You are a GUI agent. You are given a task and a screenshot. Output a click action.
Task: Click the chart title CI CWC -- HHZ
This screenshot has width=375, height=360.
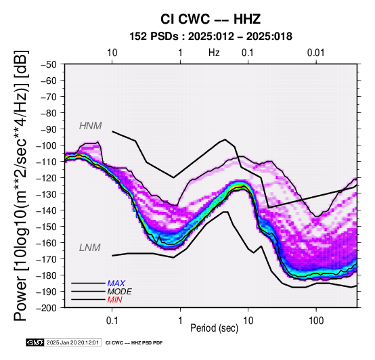pos(211,19)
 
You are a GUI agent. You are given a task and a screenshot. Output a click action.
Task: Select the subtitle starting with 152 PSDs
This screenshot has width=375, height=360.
pos(211,37)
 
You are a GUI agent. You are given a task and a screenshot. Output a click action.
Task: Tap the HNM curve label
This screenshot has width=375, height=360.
pos(91,126)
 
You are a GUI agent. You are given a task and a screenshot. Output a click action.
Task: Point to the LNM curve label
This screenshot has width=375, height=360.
pos(89,248)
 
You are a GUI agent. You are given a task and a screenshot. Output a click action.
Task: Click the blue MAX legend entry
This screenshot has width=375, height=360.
pos(116,284)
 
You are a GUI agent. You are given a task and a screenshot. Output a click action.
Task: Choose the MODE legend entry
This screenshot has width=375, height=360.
pos(119,292)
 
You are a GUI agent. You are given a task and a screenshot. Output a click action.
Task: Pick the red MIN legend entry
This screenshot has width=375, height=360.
pos(115,300)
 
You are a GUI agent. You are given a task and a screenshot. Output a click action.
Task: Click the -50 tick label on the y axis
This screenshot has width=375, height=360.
pos(49,64)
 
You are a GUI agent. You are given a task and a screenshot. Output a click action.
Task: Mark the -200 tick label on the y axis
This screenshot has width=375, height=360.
pos(47,308)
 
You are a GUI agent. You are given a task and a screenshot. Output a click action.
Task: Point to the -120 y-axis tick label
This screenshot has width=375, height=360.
pos(47,178)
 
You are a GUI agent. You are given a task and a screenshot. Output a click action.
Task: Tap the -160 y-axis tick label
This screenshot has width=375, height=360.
pos(47,243)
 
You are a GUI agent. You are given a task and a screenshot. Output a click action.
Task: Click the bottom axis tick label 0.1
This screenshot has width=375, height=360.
pos(112,321)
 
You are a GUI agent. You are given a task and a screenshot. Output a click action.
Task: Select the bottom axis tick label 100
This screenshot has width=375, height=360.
pos(316,321)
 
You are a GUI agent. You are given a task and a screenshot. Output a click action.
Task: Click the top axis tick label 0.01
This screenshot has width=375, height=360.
pos(316,53)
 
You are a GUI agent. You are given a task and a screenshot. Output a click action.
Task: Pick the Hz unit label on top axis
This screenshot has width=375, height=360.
pos(214,53)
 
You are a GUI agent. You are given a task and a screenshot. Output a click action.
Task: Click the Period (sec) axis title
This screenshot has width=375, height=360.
pos(215,328)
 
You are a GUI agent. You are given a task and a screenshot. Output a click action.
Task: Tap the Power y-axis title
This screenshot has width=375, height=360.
pos(21,185)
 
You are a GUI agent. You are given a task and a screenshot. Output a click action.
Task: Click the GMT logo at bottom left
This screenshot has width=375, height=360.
pos(35,342)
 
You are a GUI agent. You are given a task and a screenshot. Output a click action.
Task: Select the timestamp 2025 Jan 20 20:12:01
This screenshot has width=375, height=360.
pos(72,343)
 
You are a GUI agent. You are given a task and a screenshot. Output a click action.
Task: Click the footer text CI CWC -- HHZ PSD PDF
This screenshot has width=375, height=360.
pos(134,343)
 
